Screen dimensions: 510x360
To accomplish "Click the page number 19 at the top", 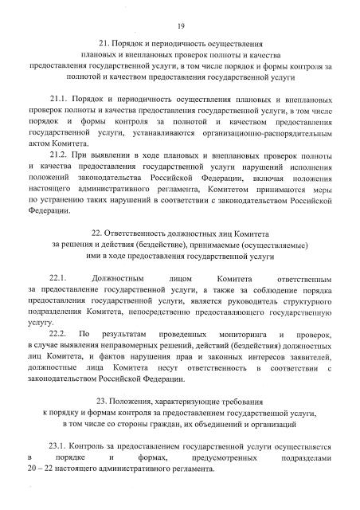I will point(181,24).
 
